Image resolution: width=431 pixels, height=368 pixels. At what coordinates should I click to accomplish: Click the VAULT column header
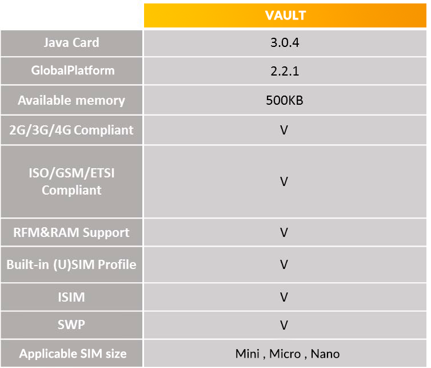[x=285, y=15]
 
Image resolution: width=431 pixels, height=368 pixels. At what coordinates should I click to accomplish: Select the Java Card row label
[x=71, y=43]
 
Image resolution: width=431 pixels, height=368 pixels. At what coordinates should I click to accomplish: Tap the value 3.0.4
[x=285, y=43]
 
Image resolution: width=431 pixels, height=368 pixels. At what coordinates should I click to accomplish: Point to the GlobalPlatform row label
[x=73, y=70]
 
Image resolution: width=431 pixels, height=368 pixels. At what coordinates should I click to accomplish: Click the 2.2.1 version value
[x=285, y=71]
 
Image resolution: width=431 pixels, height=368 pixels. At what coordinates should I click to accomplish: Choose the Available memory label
[x=71, y=101]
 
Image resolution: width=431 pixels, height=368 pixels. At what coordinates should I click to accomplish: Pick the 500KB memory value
[x=285, y=100]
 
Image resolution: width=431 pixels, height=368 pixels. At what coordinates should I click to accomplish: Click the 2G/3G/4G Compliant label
[x=71, y=130]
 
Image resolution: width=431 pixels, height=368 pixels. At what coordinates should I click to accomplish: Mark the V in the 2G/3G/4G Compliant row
[x=284, y=130]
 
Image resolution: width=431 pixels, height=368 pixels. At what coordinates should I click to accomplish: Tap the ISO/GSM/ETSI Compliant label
[x=71, y=181]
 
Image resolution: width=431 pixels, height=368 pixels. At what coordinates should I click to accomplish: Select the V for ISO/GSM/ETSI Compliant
[x=284, y=181]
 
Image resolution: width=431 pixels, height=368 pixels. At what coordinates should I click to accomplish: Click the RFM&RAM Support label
[x=71, y=233]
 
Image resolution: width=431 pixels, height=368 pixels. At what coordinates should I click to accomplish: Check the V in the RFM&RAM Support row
[x=284, y=232]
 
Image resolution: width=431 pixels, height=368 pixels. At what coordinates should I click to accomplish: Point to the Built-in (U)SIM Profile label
[x=71, y=265]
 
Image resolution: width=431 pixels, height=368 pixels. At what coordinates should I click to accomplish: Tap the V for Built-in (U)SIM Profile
[x=284, y=264]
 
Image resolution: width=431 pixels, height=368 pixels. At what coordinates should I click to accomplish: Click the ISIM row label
[x=71, y=297]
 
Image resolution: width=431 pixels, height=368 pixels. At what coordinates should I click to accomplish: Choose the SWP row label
[x=71, y=325]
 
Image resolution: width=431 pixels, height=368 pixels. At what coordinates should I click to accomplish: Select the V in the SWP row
[x=284, y=325]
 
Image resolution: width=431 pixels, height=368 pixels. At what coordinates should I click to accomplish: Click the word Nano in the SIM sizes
[x=325, y=354]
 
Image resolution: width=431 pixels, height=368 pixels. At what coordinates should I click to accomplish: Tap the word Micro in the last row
[x=285, y=354]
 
